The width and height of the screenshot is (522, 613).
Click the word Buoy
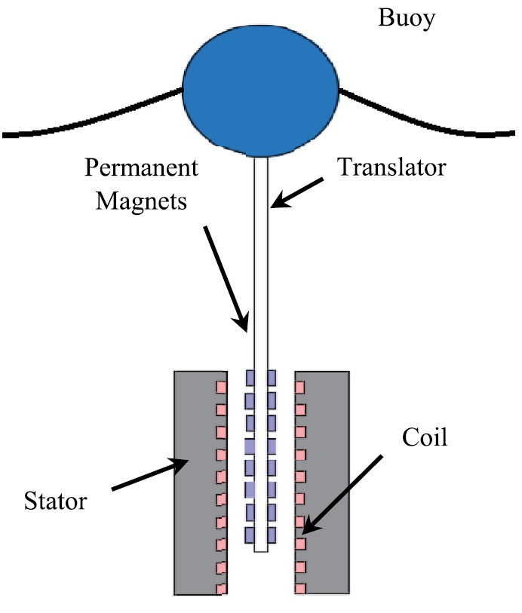[x=406, y=19]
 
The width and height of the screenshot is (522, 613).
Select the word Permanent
[x=141, y=167]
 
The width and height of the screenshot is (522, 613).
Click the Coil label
[x=424, y=437]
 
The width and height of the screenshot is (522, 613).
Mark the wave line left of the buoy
[x=91, y=117]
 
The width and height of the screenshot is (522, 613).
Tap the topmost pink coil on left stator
[x=221, y=388]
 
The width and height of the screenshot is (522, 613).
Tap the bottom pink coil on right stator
[x=299, y=588]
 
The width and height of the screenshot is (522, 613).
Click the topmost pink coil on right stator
[x=299, y=388]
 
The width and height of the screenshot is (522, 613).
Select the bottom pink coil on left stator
[x=221, y=588]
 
